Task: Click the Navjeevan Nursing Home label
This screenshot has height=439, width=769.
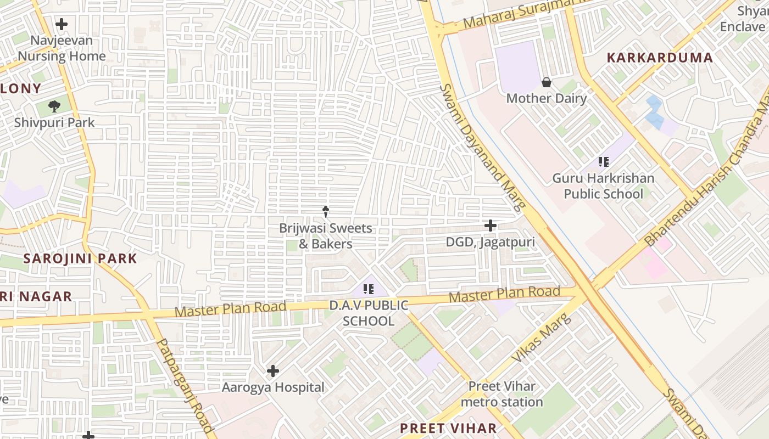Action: [62, 48]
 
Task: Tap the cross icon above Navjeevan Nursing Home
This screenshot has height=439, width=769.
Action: [62, 24]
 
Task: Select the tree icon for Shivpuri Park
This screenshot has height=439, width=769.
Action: [54, 106]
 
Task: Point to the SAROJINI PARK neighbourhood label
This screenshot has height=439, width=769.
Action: [80, 258]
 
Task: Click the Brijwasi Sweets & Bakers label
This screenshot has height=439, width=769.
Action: [326, 236]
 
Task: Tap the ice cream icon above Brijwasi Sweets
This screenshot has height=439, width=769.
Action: [326, 211]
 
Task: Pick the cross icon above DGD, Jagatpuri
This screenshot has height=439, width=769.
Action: [490, 226]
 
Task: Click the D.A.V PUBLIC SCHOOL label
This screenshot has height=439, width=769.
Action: [369, 313]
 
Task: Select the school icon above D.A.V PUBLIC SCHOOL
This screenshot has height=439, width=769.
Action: [369, 289]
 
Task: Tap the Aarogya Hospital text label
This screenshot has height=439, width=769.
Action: [273, 387]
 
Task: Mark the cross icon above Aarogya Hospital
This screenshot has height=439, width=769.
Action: [273, 372]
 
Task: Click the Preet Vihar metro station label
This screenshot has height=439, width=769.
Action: [502, 394]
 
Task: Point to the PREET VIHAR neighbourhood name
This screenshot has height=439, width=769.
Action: [448, 428]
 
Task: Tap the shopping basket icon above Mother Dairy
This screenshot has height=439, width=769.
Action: [547, 82]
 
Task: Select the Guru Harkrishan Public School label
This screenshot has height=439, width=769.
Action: [603, 186]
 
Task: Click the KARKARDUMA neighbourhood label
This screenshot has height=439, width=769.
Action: [660, 58]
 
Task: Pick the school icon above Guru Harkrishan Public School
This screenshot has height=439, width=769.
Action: [604, 162]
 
